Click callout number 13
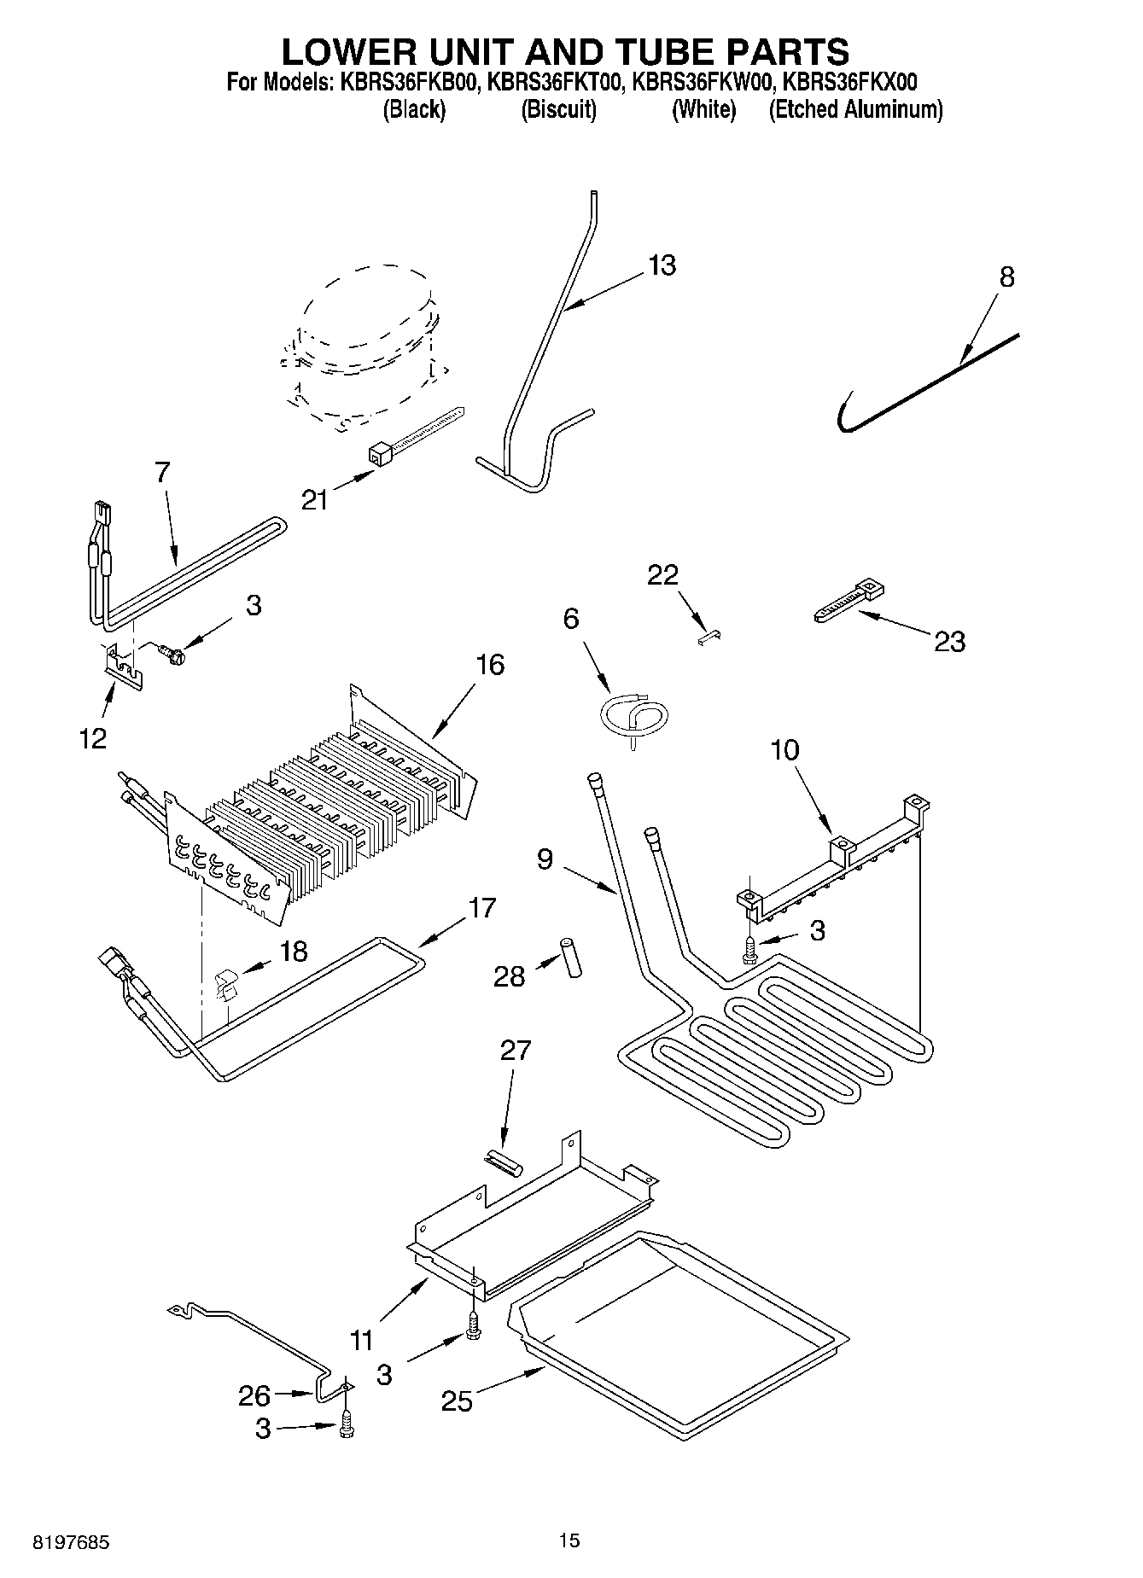pos(662,265)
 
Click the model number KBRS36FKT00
pos(557,83)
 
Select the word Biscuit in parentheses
pos(558,109)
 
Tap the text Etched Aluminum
pos(855,109)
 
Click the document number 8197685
pos(71,1543)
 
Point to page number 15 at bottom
pos(569,1540)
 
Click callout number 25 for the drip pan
pos(458,1400)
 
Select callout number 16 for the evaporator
pos(490,664)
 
